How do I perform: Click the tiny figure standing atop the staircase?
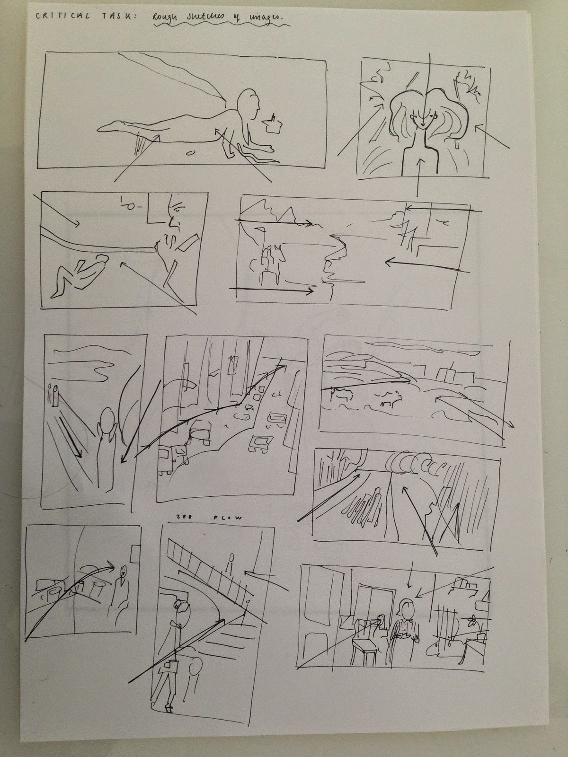[231, 563]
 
